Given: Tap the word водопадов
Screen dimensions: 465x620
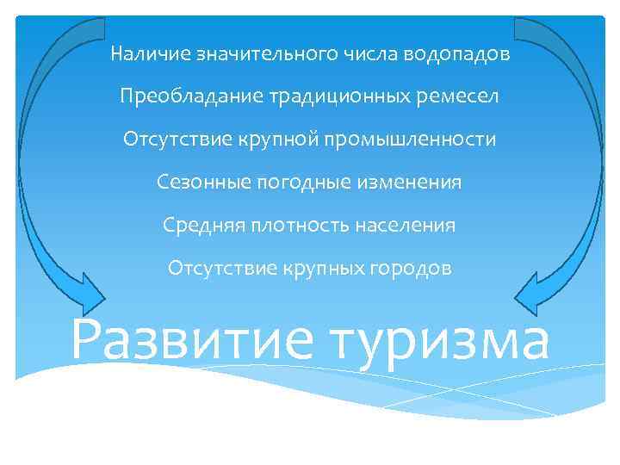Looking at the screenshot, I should (464, 54).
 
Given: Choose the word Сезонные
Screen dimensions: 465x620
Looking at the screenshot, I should (195, 183).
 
